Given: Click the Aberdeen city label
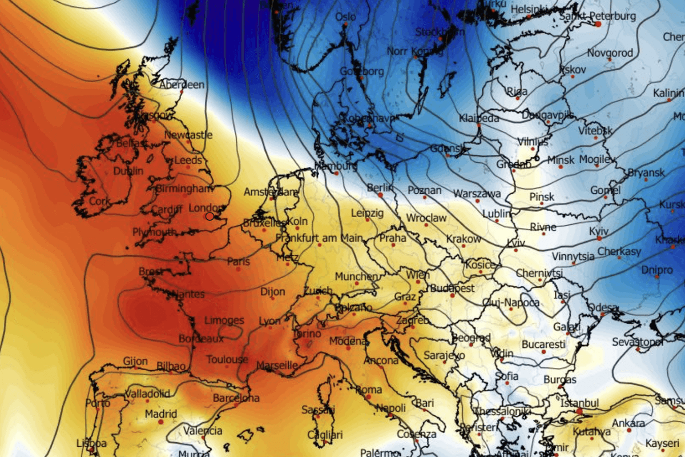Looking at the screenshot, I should coord(182,85).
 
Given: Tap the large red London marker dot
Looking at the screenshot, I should coord(209,216).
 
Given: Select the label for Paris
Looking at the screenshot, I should coord(239,262).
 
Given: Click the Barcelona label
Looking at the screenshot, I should coord(236,398).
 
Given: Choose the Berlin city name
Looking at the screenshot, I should coord(380,187).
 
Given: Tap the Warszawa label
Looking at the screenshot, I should coord(477,194).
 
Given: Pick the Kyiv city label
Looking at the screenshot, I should coord(598,232).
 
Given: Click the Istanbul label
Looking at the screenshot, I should coord(579,404).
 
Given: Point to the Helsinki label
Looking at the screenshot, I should coord(529,10).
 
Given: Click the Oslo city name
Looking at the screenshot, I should coord(345,17).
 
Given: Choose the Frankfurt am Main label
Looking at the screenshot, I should coord(319,238).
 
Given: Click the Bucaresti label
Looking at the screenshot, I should coord(543,345).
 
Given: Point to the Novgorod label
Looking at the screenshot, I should coord(610,53).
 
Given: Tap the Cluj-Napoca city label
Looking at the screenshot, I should coord(511,302).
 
